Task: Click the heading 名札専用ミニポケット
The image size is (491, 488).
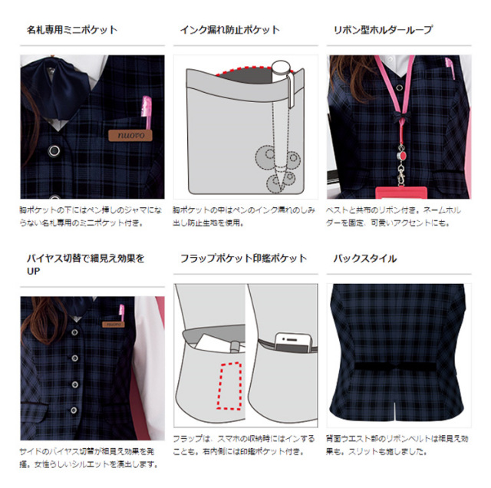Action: click(72, 30)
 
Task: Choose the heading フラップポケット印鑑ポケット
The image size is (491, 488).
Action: click(243, 259)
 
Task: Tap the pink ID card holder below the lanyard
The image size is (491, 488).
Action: click(400, 187)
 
